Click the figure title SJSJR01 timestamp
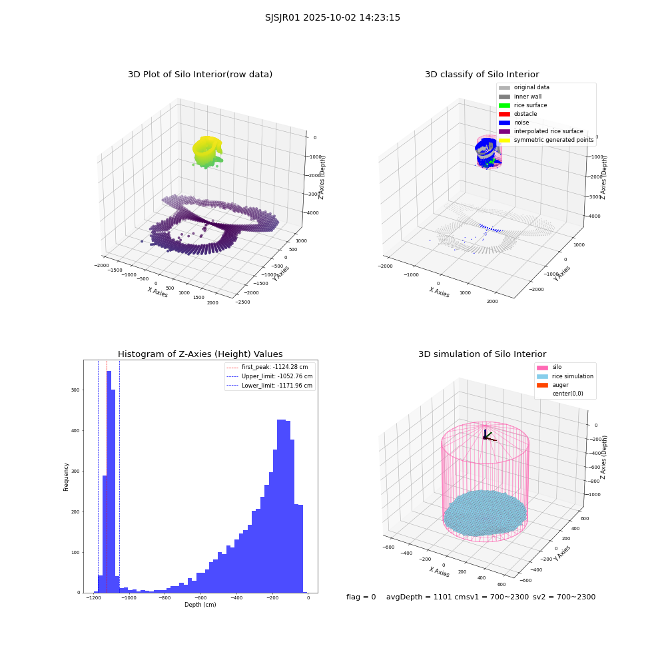(332, 17)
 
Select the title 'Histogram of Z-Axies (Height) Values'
(200, 354)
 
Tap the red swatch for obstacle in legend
(504, 114)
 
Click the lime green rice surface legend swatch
(504, 105)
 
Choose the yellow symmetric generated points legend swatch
(504, 140)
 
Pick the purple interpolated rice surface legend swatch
(504, 131)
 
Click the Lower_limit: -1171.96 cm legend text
(277, 386)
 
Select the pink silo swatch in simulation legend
(542, 368)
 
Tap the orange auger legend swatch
(542, 385)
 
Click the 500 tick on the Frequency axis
(76, 390)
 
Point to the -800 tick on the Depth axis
(165, 597)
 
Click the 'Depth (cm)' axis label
(200, 605)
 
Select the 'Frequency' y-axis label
(66, 477)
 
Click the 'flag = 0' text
(361, 597)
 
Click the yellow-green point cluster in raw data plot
(207, 151)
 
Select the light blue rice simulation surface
(485, 513)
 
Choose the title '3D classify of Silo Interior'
(482, 75)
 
